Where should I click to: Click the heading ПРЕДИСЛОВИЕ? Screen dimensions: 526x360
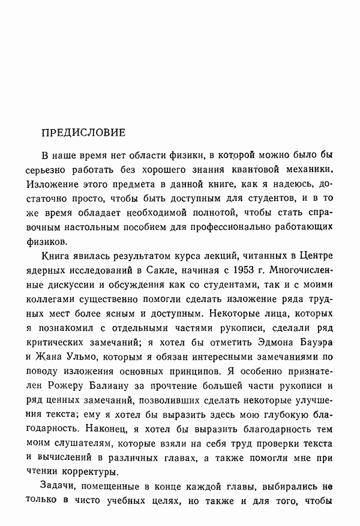click(83, 131)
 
